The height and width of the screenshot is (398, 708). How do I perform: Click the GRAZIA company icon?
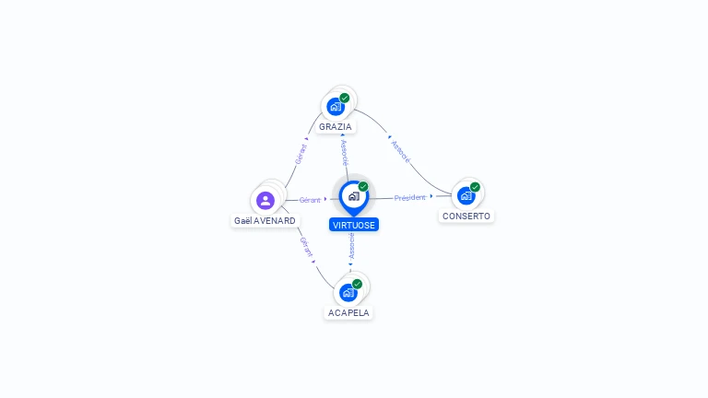click(x=336, y=106)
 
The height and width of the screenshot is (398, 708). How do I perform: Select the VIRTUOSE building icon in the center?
click(x=353, y=196)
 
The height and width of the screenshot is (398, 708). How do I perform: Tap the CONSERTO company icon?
click(x=466, y=195)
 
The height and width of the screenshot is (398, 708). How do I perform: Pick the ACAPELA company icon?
click(x=348, y=292)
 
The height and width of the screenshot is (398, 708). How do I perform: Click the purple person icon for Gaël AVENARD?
click(x=265, y=200)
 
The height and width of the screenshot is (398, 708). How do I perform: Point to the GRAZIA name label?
click(x=336, y=127)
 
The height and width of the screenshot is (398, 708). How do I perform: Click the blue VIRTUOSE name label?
click(x=354, y=225)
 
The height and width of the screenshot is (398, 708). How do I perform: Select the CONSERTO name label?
click(x=466, y=217)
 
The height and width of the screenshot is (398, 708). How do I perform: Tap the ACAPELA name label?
click(x=348, y=313)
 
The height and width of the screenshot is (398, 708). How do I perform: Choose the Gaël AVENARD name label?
click(x=265, y=221)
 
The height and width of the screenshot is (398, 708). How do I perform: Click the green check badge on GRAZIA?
click(x=345, y=98)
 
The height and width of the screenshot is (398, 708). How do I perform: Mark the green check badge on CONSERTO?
click(x=475, y=187)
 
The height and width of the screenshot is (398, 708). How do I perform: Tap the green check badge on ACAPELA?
click(x=357, y=284)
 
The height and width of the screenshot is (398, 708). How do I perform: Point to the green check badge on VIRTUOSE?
click(x=363, y=187)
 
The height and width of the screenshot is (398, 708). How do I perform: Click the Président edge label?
click(x=410, y=197)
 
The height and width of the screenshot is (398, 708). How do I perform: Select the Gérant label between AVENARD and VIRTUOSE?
click(x=310, y=200)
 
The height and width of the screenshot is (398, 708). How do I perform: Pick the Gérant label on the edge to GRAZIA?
click(x=301, y=154)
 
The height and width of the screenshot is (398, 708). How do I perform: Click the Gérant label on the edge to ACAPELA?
click(x=306, y=246)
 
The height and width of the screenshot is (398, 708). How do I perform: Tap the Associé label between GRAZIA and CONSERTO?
click(x=400, y=151)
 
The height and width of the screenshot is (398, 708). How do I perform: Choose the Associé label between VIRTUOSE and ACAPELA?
click(x=351, y=245)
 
